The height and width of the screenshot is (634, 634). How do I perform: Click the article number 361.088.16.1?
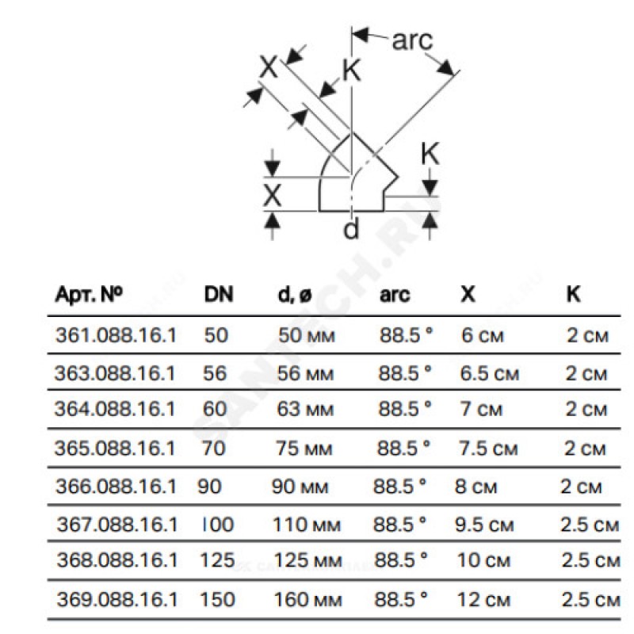tap(115, 335)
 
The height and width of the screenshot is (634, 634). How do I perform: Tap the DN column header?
tap(220, 294)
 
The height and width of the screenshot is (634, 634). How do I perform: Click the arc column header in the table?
tap(395, 294)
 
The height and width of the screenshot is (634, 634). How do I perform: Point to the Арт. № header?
tap(89, 294)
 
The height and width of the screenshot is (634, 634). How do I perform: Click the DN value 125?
tap(219, 560)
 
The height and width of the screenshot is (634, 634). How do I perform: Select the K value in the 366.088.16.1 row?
tap(581, 486)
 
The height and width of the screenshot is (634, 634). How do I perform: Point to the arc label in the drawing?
tap(413, 40)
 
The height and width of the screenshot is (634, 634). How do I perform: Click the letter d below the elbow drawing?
tap(352, 229)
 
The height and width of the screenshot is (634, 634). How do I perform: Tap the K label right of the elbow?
tap(429, 155)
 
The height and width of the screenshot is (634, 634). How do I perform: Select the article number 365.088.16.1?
tap(115, 448)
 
